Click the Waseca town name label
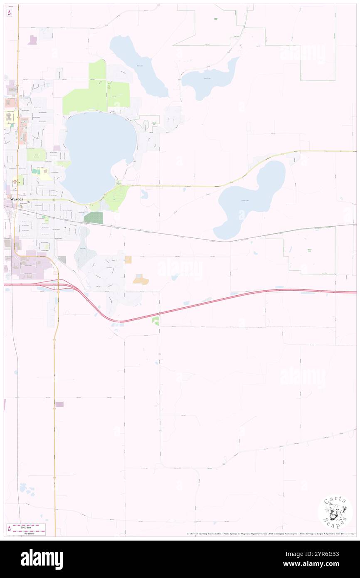pyautogui.click(x=17, y=200)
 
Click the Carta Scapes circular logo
pyautogui.click(x=335, y=513)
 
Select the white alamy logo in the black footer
pyautogui.click(x=42, y=559)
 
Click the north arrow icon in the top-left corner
pyautogui.click(x=9, y=13)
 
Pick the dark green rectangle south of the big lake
pyautogui.click(x=93, y=217)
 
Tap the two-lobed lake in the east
pyautogui.click(x=252, y=198)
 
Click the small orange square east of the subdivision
pyautogui.click(x=128, y=260)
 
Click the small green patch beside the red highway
pyautogui.click(x=155, y=320)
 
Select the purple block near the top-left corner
pyautogui.click(x=32, y=40)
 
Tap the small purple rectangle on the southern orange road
pyautogui.click(x=59, y=404)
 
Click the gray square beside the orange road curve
pyautogui.click(x=62, y=260)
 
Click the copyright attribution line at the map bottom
pyautogui.click(x=270, y=534)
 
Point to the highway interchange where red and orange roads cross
pyautogui.click(x=58, y=284)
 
